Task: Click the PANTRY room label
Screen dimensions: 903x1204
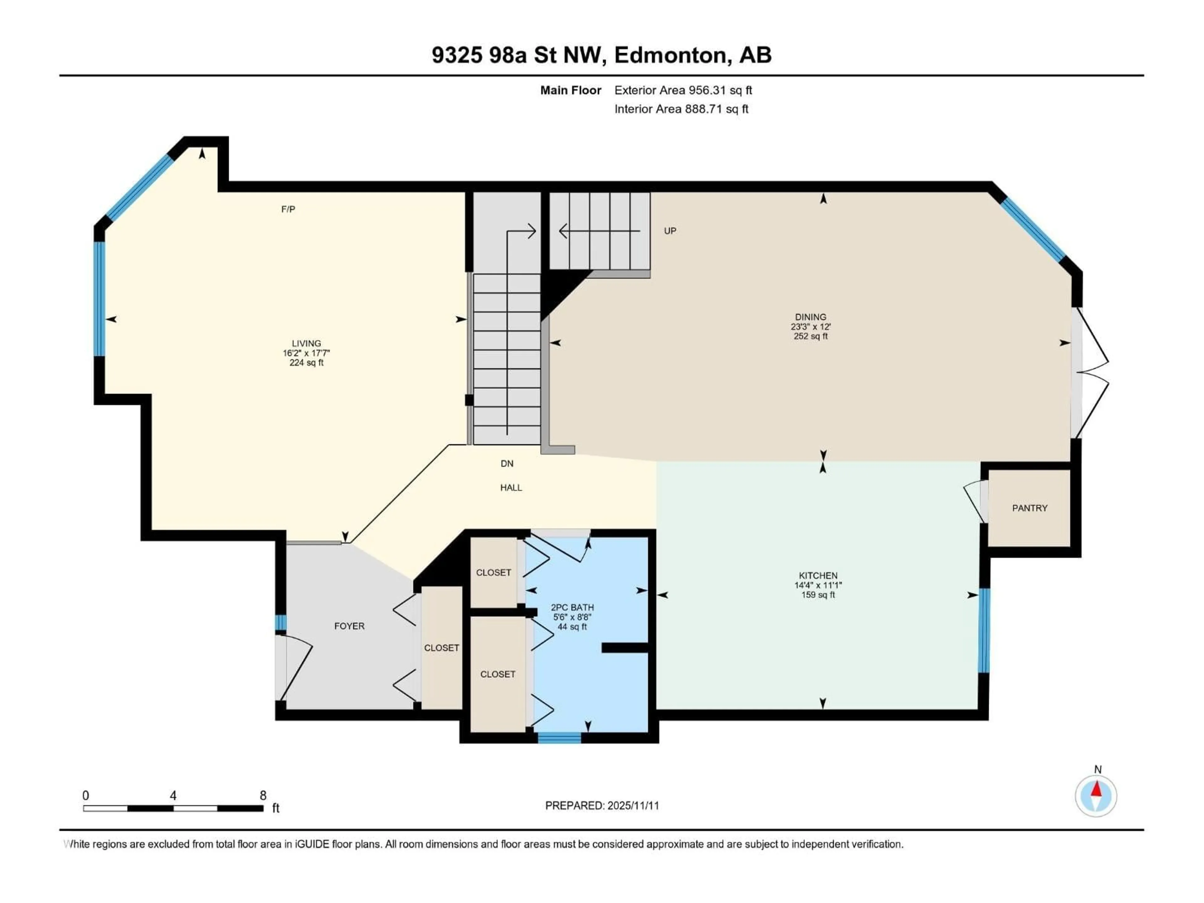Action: [1029, 508]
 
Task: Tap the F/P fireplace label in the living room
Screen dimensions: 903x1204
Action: [288, 209]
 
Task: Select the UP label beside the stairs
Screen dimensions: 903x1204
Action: [670, 231]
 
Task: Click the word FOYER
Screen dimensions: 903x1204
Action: [349, 626]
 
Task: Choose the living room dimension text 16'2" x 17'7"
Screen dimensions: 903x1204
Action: [306, 353]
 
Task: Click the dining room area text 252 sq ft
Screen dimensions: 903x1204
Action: [811, 336]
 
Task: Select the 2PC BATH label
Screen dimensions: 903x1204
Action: [572, 607]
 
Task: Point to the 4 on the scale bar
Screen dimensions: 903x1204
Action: [173, 796]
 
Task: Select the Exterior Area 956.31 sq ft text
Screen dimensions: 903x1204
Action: [683, 90]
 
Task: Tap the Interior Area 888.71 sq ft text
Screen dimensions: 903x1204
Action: [681, 109]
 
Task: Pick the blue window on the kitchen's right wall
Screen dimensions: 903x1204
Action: [984, 630]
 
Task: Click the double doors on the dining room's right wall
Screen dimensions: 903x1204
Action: [1090, 373]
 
